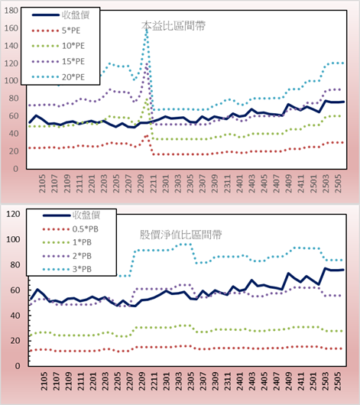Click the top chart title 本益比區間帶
point(174,26)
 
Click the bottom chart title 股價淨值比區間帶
point(180,235)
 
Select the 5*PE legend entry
point(57,31)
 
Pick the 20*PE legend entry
point(58,77)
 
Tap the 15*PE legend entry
point(58,61)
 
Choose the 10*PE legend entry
point(58,46)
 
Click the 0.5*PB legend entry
point(70,229)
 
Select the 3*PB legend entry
point(67,269)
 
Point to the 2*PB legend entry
point(67,256)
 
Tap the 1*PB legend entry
point(67,242)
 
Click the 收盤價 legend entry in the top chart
point(60,15)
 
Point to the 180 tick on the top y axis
point(11,11)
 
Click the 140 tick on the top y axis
point(11,46)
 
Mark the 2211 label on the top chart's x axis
point(154,183)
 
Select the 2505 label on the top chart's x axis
point(338,183)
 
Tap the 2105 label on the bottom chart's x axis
point(44,381)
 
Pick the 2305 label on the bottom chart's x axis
point(191,381)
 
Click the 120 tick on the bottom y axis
point(13,214)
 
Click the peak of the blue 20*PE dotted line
point(147,31)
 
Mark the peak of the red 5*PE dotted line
point(147,136)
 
